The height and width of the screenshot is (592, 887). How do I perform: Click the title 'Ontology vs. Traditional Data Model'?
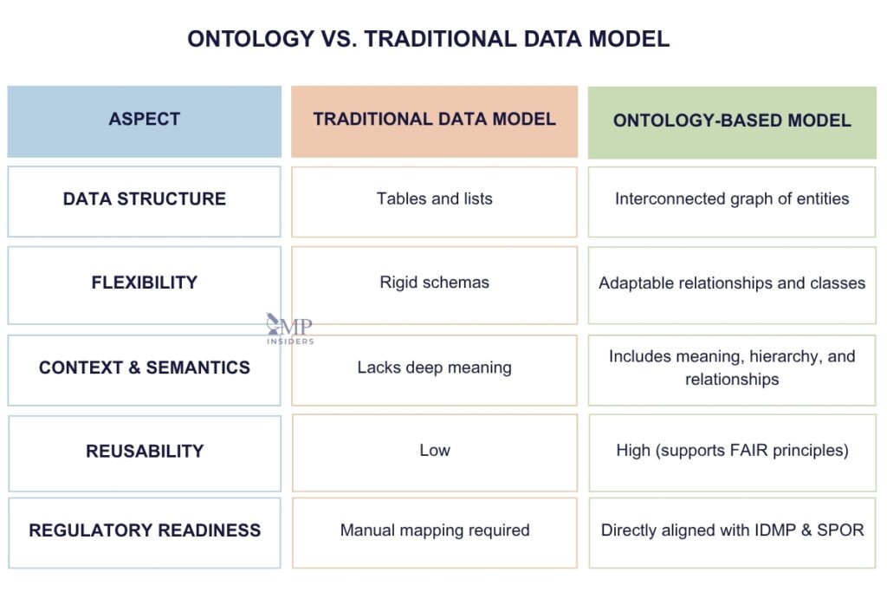[429, 39]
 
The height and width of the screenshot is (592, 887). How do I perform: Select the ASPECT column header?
[144, 120]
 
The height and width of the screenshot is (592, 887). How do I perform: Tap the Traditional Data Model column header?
[434, 120]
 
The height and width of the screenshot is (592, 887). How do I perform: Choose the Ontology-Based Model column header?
[732, 120]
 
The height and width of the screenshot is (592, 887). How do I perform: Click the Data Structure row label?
[144, 199]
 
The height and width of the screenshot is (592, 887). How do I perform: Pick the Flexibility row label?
[144, 283]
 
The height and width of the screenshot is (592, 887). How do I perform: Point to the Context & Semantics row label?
[144, 368]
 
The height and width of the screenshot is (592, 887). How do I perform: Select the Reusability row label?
[144, 451]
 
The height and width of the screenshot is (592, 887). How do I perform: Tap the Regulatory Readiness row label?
[144, 530]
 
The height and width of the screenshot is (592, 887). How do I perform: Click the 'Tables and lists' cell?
[434, 199]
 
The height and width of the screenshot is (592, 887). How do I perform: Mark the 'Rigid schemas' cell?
[434, 283]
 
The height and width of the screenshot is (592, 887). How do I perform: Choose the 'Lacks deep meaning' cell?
[434, 368]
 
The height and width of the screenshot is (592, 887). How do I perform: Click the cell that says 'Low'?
[434, 451]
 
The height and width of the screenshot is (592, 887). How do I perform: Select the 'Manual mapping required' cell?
[434, 530]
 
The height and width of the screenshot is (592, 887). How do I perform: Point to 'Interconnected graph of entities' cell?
[732, 199]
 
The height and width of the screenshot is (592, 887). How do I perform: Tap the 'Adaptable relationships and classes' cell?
[732, 283]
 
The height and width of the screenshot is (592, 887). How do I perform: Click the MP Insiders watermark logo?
[290, 329]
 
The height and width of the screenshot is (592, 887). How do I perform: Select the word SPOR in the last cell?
[842, 530]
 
